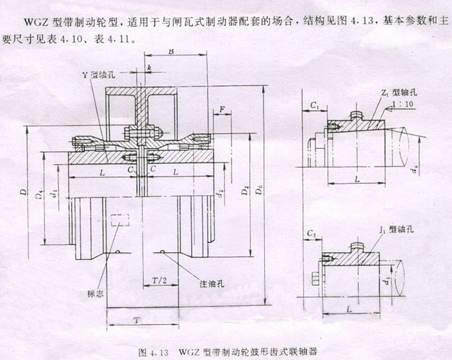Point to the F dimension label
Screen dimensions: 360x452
[222, 111]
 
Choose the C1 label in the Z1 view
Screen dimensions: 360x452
[314, 104]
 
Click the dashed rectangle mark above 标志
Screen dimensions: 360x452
[119, 219]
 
